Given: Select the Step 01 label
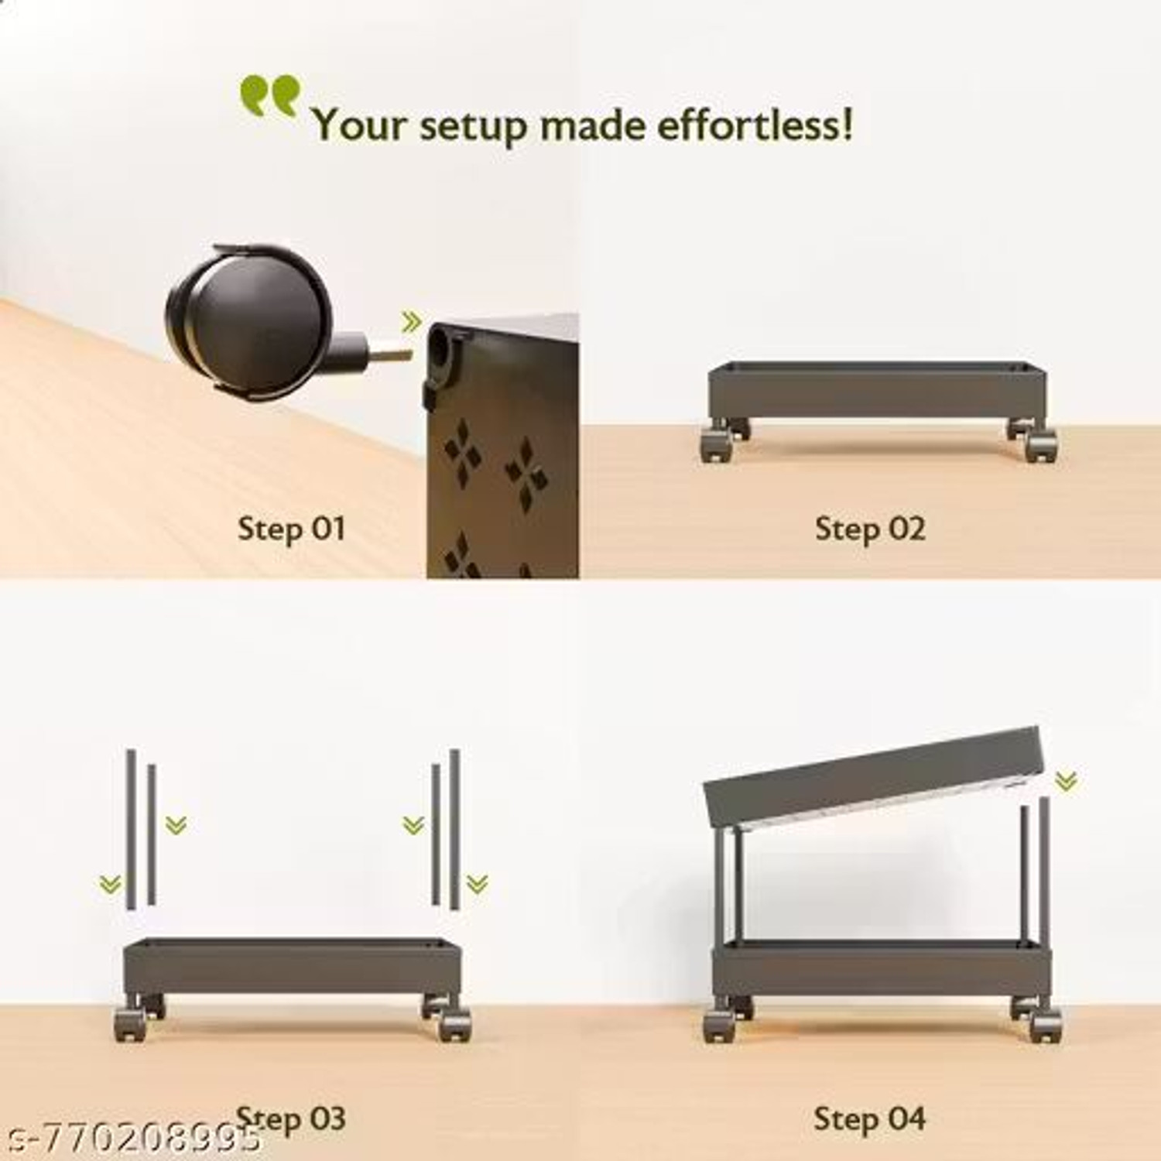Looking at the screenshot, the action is point(291,529).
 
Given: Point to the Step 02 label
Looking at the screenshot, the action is point(870,529).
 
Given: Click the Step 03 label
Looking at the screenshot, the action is point(291,1119).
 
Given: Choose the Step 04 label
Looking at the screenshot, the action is point(869,1119).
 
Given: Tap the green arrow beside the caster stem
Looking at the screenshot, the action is point(411,321).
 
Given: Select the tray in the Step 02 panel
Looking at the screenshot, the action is point(877,390).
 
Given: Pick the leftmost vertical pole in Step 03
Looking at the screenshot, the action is point(132,828).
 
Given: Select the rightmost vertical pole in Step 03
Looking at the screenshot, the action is point(454,828).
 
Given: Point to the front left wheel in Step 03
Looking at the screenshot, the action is point(131,1024).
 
